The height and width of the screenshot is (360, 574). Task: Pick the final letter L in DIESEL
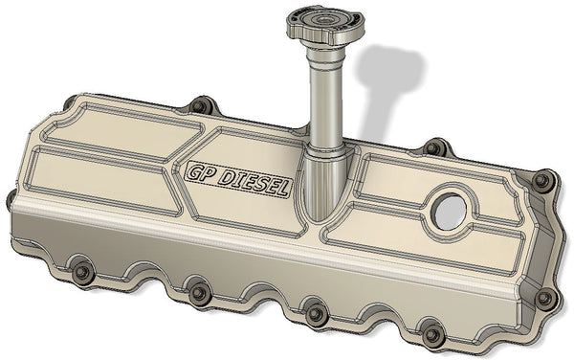click(x=284, y=190)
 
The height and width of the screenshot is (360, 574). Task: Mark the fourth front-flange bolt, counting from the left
click(x=433, y=334)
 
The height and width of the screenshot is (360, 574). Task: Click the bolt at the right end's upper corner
click(x=542, y=180)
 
